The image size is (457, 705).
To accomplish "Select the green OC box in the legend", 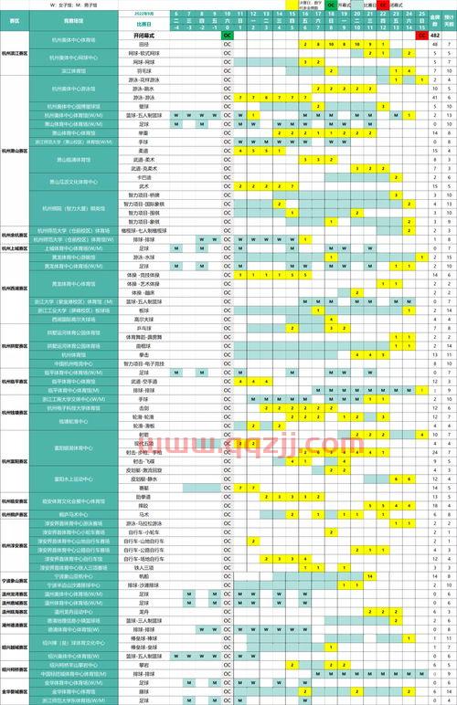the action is (332, 5).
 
